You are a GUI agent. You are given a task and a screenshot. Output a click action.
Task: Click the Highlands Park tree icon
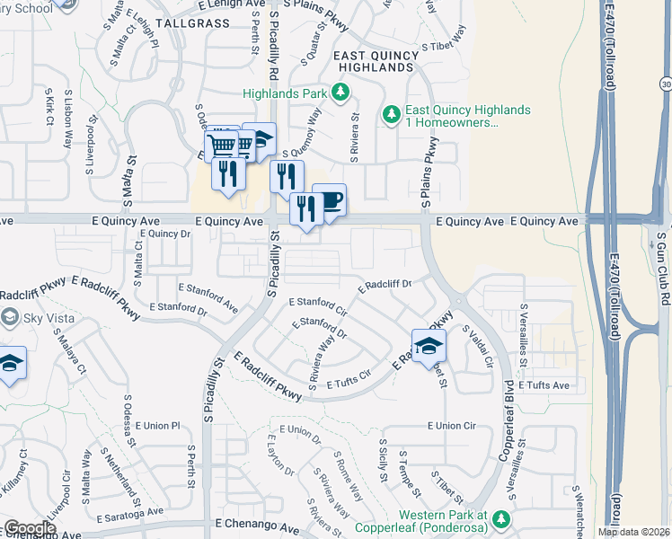point(340,92)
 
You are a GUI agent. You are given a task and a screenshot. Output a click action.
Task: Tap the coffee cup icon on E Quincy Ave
point(329,200)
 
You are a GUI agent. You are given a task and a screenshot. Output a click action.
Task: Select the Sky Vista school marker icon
point(10,317)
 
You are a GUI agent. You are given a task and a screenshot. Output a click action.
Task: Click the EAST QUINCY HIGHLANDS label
point(376,61)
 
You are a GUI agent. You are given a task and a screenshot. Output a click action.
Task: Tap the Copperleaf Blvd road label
point(508,431)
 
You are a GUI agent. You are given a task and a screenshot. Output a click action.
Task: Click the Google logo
point(31,528)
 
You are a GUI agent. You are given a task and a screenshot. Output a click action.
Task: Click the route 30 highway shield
point(665,84)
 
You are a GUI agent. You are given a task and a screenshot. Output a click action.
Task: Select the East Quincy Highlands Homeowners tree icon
point(391,115)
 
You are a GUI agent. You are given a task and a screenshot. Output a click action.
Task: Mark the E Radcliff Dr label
point(385,286)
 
